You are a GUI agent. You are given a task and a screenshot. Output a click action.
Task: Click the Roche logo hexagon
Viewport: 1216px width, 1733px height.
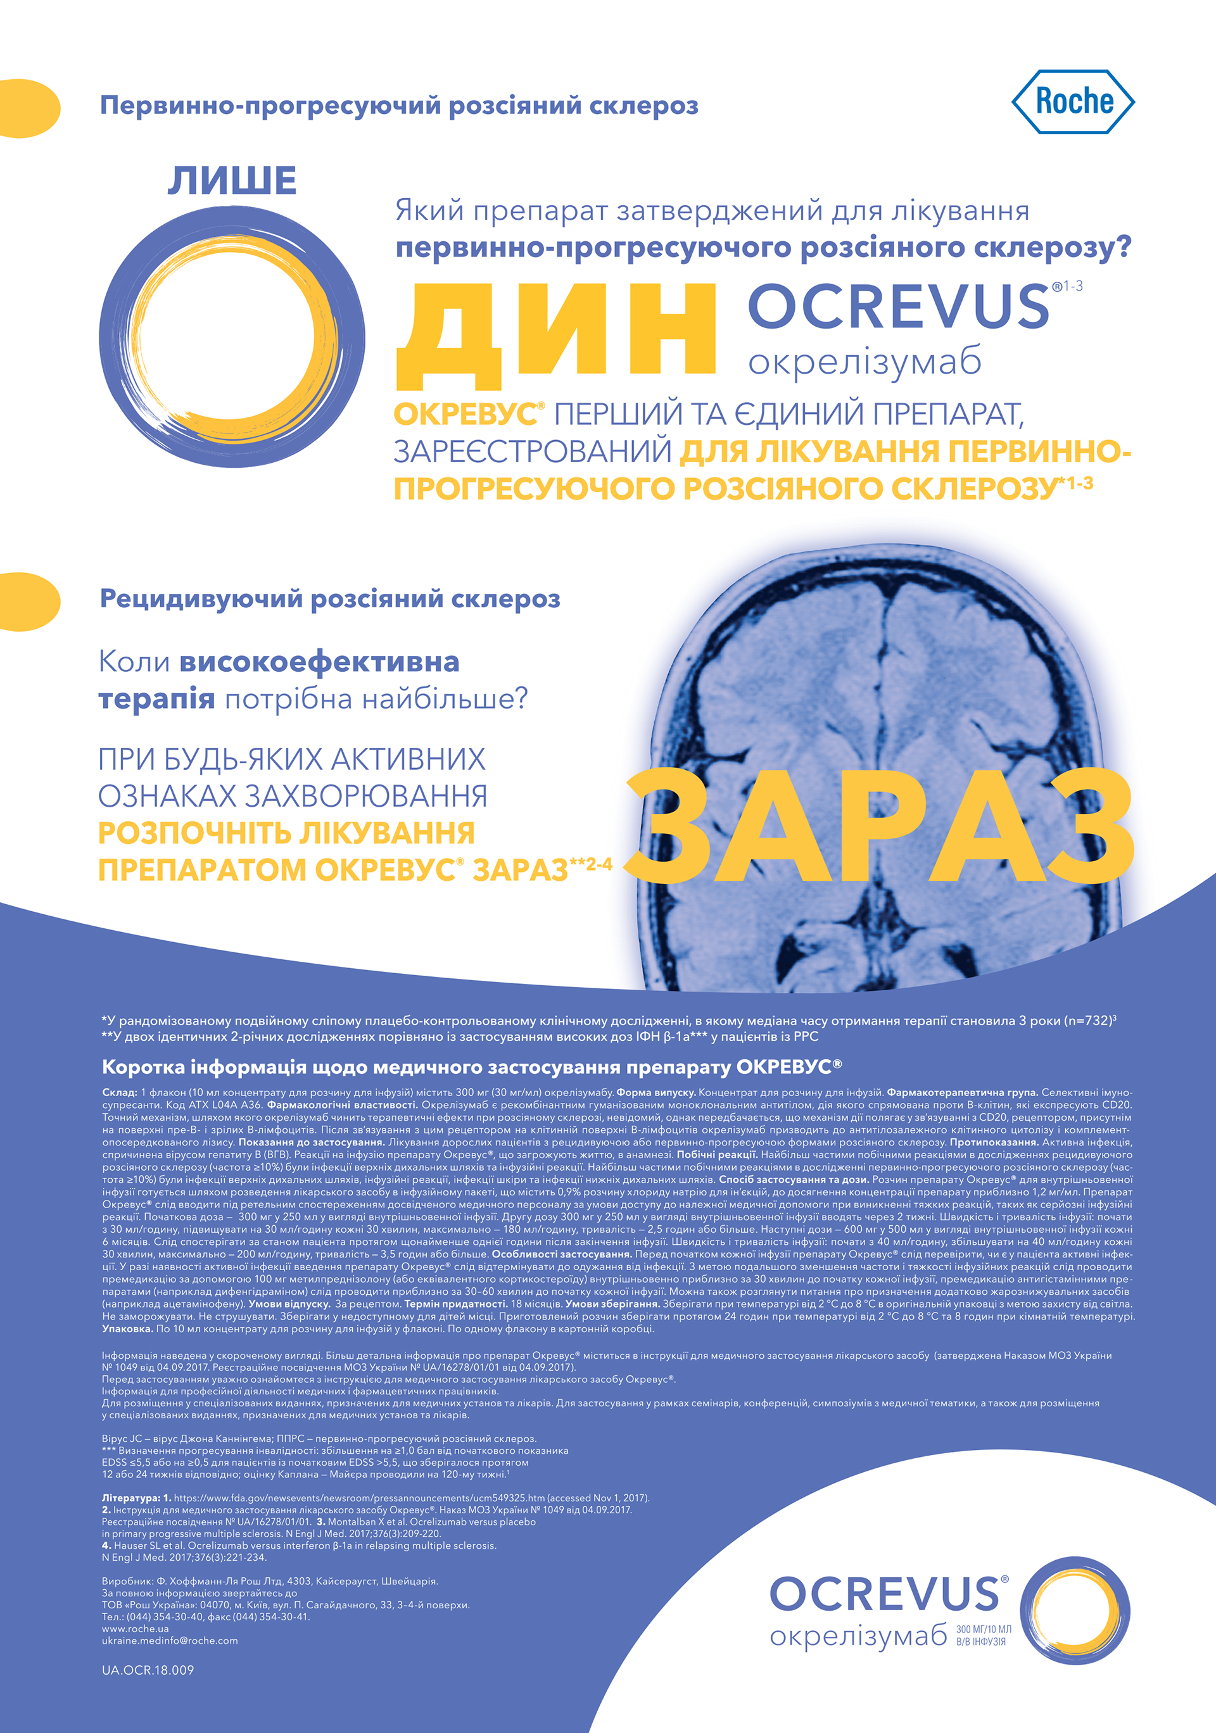coord(1073,102)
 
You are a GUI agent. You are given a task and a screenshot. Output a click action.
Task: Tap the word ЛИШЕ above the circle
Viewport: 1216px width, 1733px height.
coord(232,181)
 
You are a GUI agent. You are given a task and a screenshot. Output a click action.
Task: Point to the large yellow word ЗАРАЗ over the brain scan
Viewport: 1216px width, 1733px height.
coord(879,826)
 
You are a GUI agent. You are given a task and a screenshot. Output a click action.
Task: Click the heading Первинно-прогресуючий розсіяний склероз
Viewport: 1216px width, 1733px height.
coord(398,106)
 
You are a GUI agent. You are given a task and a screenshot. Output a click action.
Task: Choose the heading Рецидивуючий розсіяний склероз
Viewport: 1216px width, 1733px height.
coord(330,600)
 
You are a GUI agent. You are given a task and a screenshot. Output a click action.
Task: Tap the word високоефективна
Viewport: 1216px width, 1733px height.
coord(319,662)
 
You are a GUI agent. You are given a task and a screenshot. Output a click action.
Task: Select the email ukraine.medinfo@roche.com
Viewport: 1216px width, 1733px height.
coord(170,1640)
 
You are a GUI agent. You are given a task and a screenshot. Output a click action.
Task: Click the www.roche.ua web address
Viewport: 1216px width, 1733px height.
coord(135,1628)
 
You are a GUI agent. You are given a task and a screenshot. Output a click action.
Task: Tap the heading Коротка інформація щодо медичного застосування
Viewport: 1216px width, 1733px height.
coord(472,1066)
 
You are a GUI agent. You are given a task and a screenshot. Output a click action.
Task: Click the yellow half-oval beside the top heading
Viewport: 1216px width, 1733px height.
coord(28,108)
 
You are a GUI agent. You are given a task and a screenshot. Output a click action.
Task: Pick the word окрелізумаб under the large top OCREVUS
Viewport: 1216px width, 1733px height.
coord(864,362)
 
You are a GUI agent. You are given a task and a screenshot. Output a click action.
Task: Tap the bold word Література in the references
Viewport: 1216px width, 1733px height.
coord(131,1497)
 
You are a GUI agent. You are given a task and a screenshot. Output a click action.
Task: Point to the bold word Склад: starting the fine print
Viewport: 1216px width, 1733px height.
coord(119,1092)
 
